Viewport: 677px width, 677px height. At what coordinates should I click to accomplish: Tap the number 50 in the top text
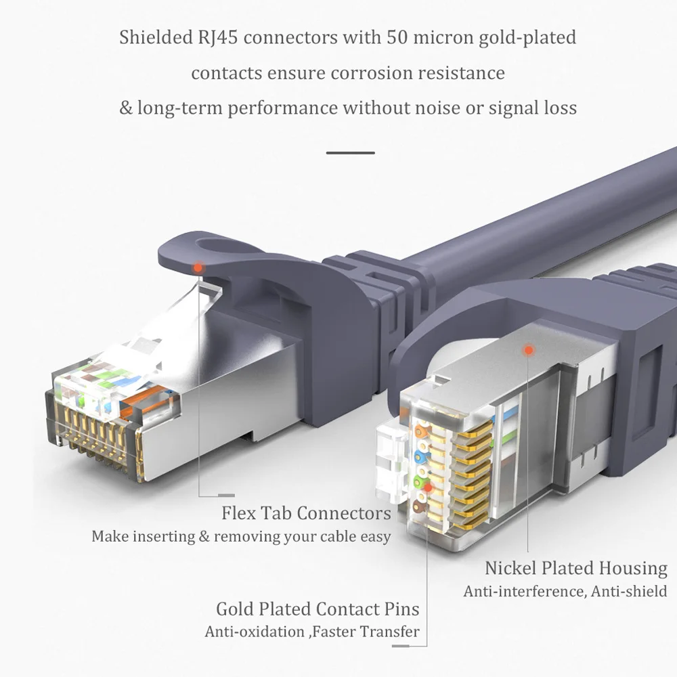click(397, 37)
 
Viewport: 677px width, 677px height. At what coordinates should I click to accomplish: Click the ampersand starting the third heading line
click(126, 108)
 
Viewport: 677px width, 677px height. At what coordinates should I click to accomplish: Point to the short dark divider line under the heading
click(350, 153)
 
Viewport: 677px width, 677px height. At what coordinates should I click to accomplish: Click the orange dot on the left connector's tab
click(198, 267)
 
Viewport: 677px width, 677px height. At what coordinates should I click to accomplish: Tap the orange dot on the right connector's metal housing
click(529, 350)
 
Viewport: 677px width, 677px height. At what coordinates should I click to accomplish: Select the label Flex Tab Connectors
click(306, 513)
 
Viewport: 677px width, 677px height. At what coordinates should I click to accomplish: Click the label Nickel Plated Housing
click(575, 568)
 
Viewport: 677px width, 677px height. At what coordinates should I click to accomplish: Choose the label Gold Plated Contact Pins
click(318, 609)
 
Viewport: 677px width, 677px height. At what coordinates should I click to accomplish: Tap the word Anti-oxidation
click(255, 632)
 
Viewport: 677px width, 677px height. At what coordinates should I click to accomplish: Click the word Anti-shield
click(629, 591)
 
